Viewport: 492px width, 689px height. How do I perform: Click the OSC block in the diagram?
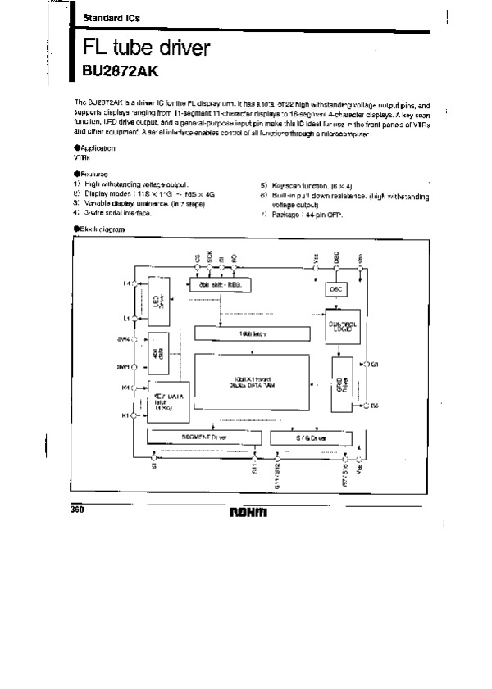tap(335, 289)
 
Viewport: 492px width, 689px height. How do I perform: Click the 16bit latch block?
tap(253, 333)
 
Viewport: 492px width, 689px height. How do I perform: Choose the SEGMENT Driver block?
tap(203, 437)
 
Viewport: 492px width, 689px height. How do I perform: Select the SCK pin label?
tap(210, 257)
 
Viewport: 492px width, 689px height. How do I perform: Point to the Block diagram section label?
tap(101, 230)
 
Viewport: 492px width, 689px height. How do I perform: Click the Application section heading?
tap(96, 147)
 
